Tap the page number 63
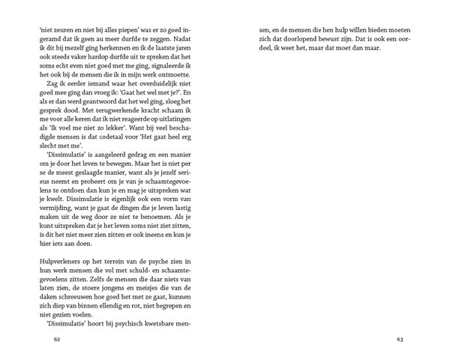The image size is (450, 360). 400,340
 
